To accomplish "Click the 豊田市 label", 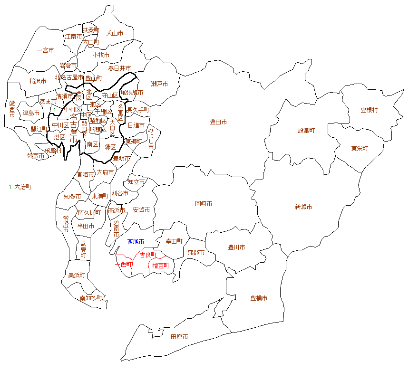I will point(218,122).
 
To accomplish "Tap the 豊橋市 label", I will point(259,298).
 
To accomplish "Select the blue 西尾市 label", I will point(136,242).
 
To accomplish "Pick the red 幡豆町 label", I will point(160,266).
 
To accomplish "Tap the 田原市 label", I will point(179,336).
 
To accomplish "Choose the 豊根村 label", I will point(369,110).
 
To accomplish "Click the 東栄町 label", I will point(360,148).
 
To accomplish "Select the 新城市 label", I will point(303,207).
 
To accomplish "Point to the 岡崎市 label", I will point(204,203).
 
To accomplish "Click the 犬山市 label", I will point(115,33).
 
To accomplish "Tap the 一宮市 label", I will point(45,50).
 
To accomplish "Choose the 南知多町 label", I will point(91,298).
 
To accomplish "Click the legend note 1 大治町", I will point(20,187).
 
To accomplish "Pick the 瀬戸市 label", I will point(159,84).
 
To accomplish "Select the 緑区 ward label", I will point(110,147).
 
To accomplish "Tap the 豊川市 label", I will point(236,247).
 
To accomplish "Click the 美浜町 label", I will point(77,275).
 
